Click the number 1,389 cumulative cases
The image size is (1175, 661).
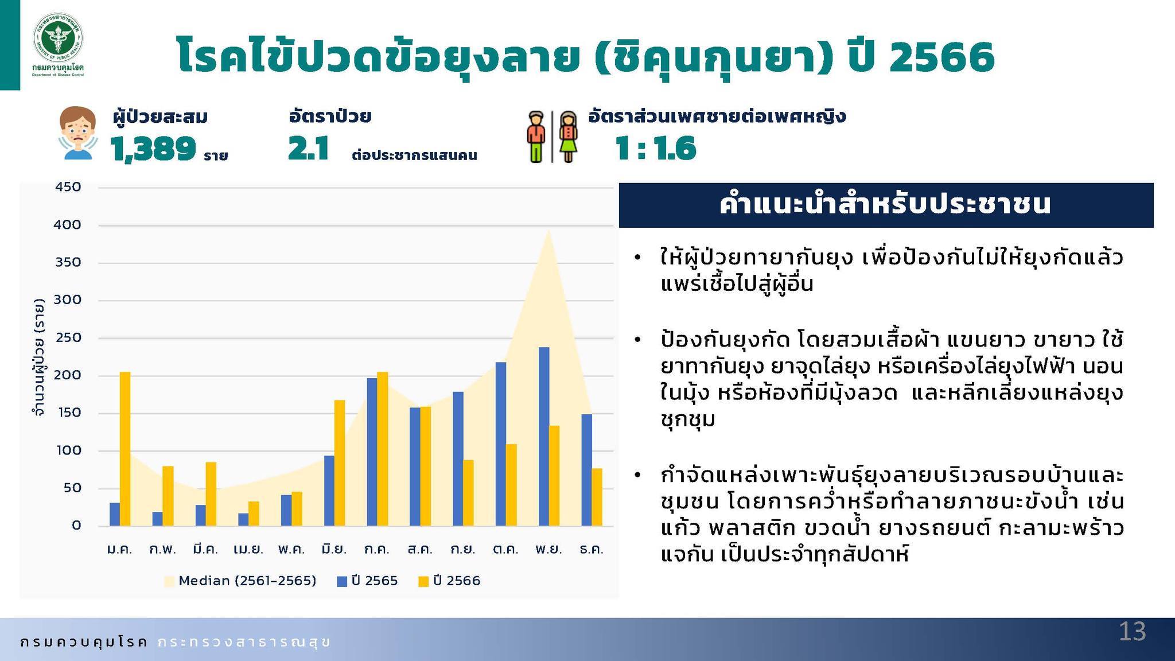[153, 149]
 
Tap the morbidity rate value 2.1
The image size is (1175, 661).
[308, 149]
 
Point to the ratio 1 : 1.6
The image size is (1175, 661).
[655, 149]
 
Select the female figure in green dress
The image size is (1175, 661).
[568, 137]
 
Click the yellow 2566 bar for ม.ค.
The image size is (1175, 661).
[125, 449]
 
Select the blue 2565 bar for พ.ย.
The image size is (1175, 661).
[544, 437]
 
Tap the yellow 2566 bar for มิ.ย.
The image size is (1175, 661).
[340, 463]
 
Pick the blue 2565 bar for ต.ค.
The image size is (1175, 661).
[501, 444]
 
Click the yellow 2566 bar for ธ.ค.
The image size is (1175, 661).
[597, 497]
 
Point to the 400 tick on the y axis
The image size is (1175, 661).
[67, 225]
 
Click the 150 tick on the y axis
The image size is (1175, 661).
[68, 413]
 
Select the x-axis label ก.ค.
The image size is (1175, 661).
[377, 549]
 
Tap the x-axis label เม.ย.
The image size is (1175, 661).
[248, 549]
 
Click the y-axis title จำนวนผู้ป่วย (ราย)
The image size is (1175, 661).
[39, 356]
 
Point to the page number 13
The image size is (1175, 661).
[1133, 632]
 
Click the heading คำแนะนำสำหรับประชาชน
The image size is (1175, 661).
[885, 204]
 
